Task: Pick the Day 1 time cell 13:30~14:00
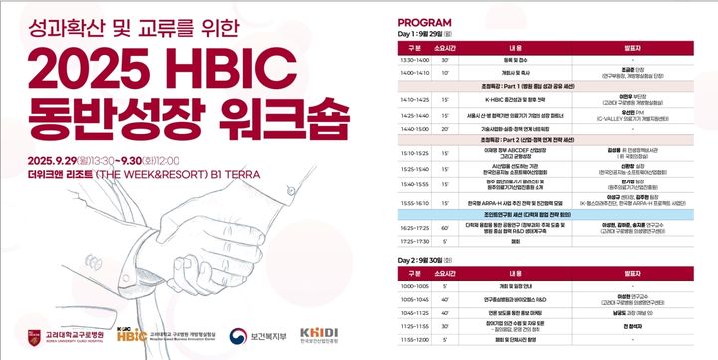414,60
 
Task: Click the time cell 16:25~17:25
414,227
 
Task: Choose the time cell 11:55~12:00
414,340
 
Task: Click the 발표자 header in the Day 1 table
632,46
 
